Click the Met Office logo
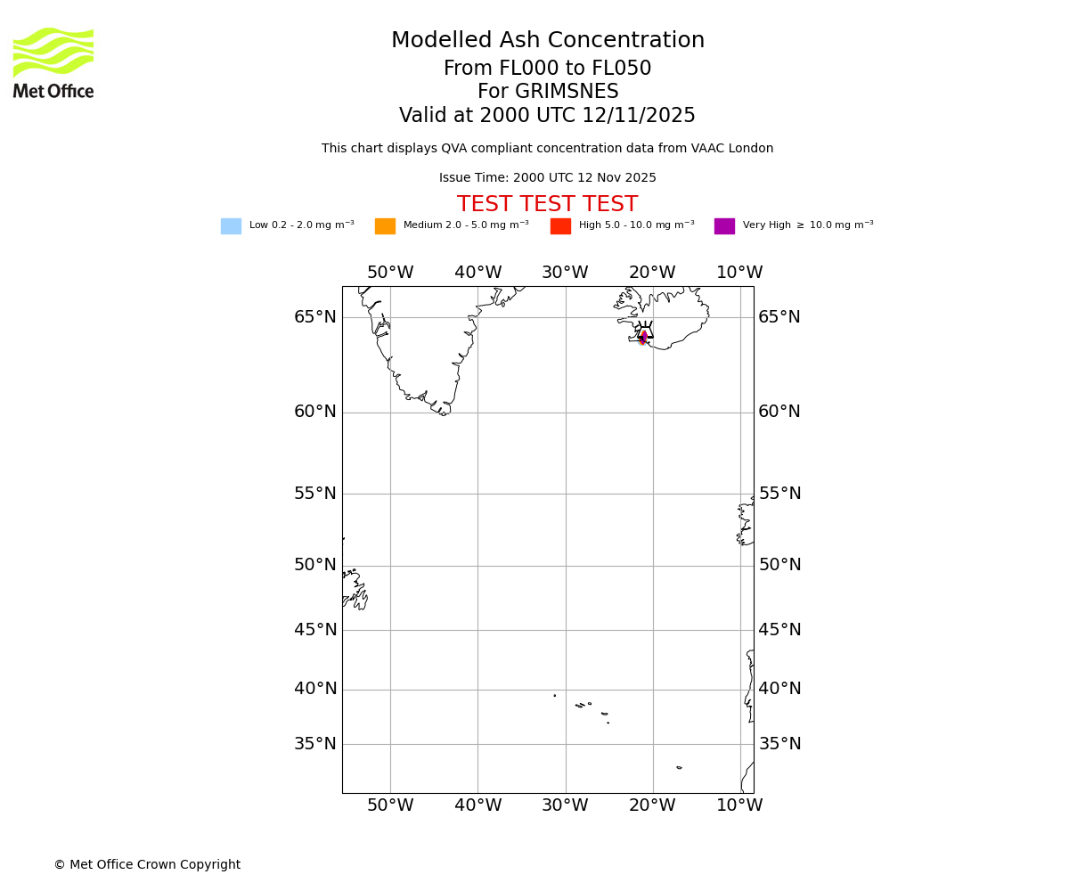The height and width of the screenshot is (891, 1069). pos(53,62)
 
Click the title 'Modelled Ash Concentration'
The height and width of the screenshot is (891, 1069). pos(548,41)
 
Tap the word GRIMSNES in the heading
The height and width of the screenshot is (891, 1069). pos(567,92)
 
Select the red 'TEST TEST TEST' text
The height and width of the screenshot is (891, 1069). pos(547,205)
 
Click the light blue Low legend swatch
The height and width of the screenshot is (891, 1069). pos(231,226)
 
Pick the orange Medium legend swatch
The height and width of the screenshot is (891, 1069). pos(385,226)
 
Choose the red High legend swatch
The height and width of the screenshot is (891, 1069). pos(560,226)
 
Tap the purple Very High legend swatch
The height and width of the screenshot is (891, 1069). pos(724,226)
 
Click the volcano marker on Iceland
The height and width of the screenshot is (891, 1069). pos(644,332)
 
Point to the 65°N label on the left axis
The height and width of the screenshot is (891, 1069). pos(315,317)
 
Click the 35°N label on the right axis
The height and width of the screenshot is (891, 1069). pos(779,744)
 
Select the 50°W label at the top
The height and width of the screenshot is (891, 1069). pos(390,273)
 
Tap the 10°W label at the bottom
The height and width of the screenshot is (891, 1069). pos(739,805)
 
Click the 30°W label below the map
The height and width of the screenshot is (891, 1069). pos(565,805)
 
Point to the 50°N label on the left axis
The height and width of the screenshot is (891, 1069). pos(315,565)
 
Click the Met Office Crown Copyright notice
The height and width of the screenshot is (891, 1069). pos(147,865)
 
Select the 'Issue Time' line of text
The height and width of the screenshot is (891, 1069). pos(547,178)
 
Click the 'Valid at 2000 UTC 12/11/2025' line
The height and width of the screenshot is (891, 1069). pos(547,116)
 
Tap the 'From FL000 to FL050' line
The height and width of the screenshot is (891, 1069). pos(547,69)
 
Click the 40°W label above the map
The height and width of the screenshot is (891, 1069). pos(477,273)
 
